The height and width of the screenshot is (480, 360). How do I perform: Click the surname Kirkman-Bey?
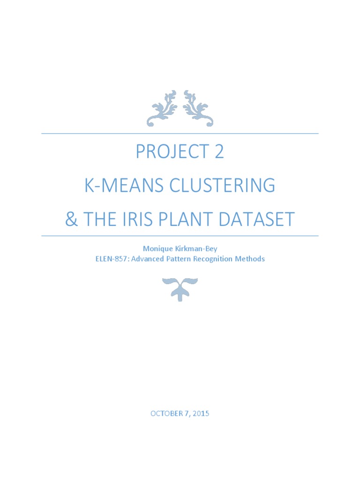193,249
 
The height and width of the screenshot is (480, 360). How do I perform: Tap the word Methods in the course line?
251,259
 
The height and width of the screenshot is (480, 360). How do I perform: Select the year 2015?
201,413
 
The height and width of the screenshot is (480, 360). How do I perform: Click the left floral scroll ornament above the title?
162,108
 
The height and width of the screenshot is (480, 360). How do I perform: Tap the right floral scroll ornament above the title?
198,108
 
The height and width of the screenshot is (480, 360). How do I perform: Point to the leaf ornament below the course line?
180,288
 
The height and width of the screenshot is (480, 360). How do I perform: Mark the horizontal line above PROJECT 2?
180,134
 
